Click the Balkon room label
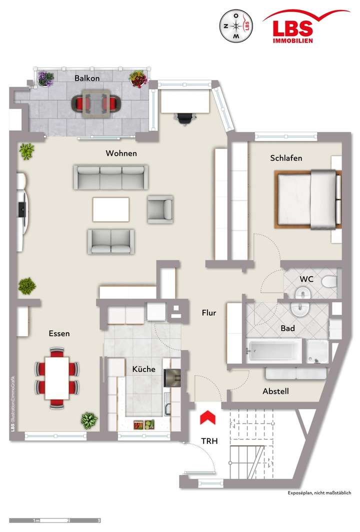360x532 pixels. click(x=87, y=78)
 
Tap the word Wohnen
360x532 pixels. click(x=121, y=153)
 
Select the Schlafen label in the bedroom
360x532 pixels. click(x=286, y=158)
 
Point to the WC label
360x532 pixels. click(x=306, y=279)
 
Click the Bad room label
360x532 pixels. click(x=287, y=328)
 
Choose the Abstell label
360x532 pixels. click(x=275, y=391)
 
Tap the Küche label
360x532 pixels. click(x=143, y=369)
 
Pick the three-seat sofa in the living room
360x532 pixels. click(x=111, y=177)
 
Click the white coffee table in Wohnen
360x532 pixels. click(x=110, y=209)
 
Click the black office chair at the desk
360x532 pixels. click(x=184, y=118)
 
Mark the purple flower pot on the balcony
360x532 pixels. click(x=46, y=78)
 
